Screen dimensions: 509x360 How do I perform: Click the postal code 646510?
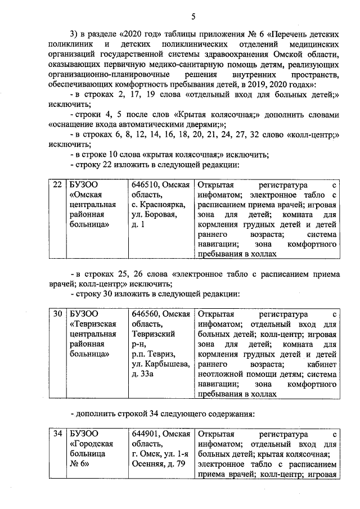[x=146, y=184]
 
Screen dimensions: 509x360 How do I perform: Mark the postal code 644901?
[x=146, y=434]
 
